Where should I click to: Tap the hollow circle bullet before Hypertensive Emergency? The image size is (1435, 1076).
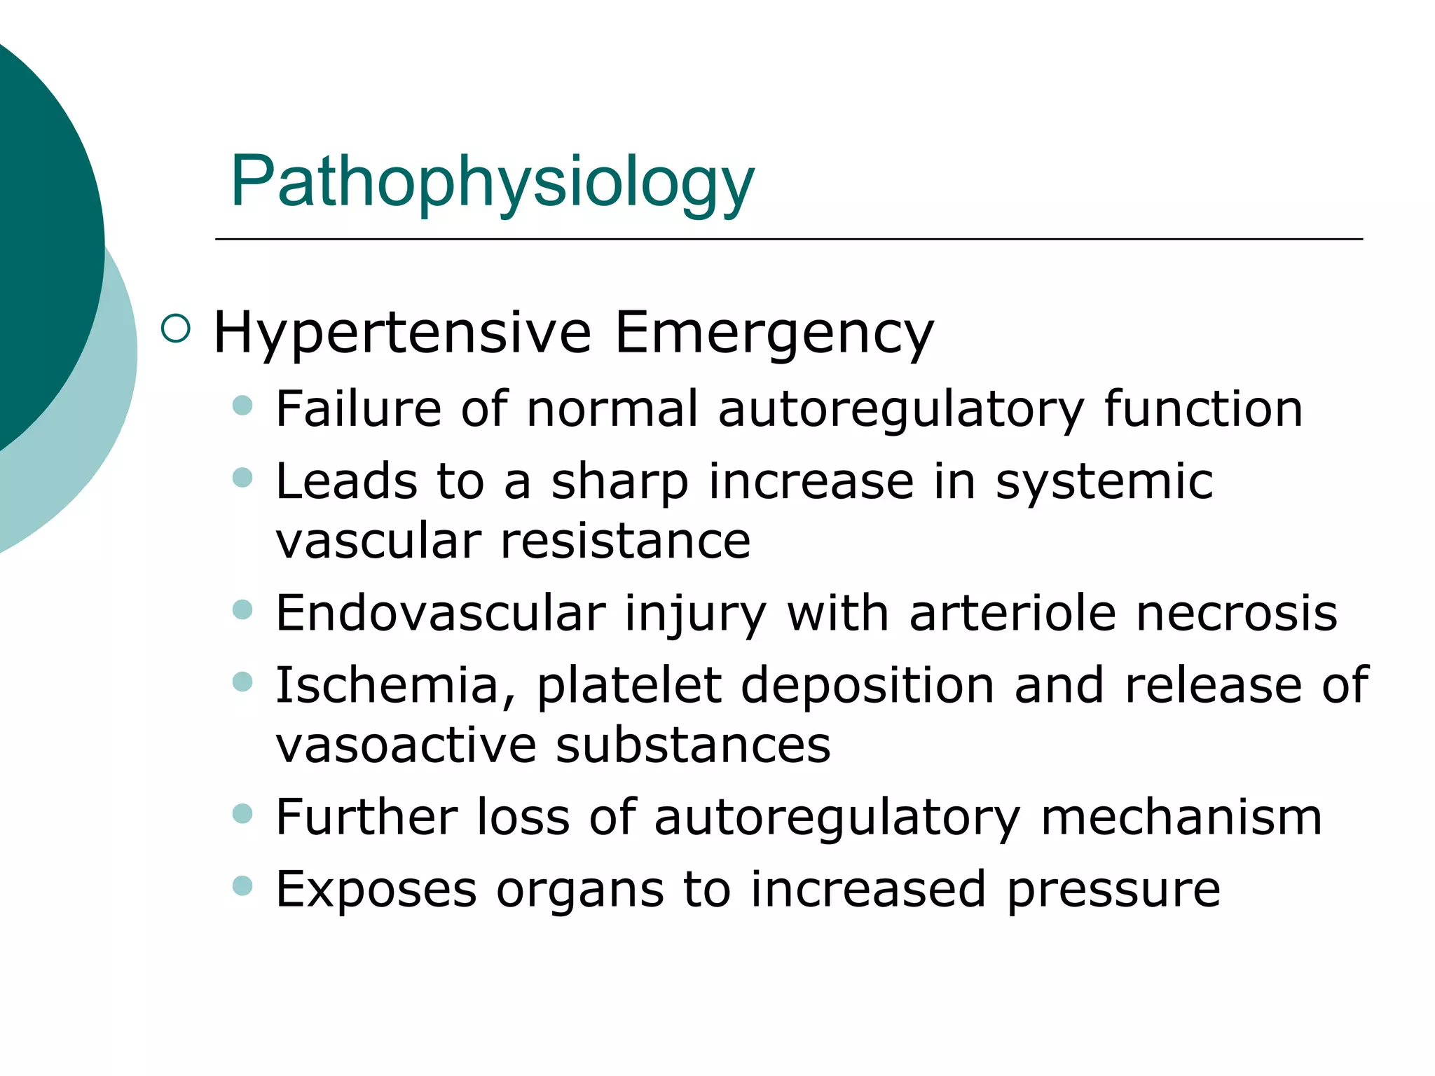click(175, 329)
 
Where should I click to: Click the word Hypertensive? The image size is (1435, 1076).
click(402, 333)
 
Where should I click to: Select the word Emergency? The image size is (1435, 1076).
click(774, 333)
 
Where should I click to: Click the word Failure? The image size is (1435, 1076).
click(358, 408)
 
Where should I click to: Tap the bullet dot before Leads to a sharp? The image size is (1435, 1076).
click(242, 478)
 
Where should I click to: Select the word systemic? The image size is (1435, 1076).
click(1104, 482)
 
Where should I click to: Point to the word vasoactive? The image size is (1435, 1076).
click(406, 745)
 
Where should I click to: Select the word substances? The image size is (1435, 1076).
click(693, 745)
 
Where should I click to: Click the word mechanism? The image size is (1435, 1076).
click(1181, 818)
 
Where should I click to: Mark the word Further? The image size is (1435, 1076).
click(366, 818)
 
